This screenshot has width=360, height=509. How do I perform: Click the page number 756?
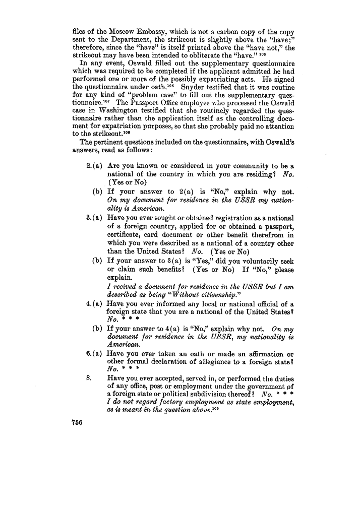pyautogui.click(x=78, y=423)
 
